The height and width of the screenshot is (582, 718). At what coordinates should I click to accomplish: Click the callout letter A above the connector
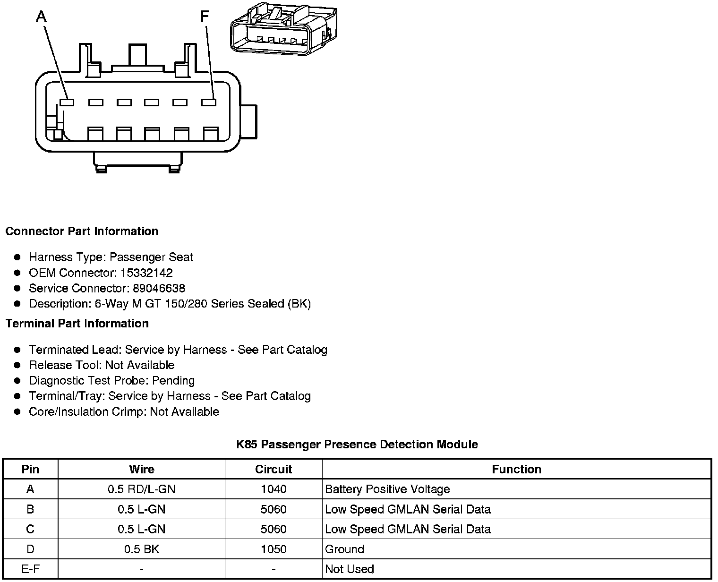pos(42,17)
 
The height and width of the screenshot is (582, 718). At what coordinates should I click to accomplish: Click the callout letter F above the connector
pos(205,17)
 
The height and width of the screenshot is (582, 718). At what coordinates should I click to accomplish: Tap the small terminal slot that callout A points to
pos(67,102)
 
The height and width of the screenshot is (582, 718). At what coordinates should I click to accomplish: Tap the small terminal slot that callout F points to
pos(208,102)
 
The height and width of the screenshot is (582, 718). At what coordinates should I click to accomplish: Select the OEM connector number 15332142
pos(146,273)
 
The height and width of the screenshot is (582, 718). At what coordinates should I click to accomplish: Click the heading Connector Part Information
pos(82,231)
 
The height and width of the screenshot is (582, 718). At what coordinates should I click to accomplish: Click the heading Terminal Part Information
pos(77,324)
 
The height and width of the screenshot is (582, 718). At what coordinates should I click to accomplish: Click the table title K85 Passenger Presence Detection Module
pos(357,445)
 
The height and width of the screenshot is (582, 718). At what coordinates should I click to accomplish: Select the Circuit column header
pos(274,469)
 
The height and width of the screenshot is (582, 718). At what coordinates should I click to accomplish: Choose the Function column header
pos(516,469)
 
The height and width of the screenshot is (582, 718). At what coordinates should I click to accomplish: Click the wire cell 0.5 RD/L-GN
pos(141,489)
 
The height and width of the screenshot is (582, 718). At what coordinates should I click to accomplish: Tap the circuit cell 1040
pos(274,489)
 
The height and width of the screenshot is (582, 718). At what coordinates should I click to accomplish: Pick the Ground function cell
pos(344,549)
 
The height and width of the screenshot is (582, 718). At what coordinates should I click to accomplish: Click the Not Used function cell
pos(350,569)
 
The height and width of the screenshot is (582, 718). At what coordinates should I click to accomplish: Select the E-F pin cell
pos(30,569)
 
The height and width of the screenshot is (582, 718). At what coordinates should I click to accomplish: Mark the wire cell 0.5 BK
pos(141,549)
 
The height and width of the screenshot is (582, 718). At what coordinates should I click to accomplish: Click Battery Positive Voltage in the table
pos(387,489)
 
